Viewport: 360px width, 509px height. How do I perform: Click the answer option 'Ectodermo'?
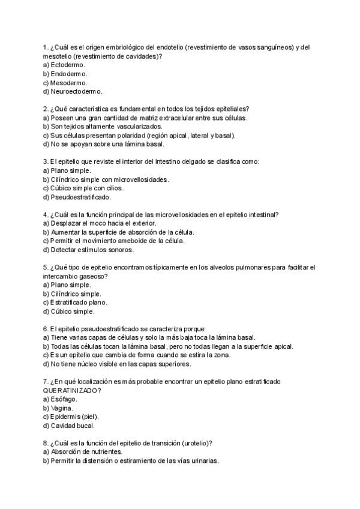tap(68, 65)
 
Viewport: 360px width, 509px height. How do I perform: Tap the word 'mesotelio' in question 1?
tap(58, 56)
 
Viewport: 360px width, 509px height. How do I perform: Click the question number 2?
tap(46, 109)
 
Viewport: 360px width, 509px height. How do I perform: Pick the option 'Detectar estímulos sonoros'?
tap(88, 250)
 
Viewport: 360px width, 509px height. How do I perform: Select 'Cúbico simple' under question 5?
tap(72, 312)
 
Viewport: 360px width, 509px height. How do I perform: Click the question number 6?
tap(46, 329)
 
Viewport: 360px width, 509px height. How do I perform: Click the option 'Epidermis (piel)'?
tap(75, 417)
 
